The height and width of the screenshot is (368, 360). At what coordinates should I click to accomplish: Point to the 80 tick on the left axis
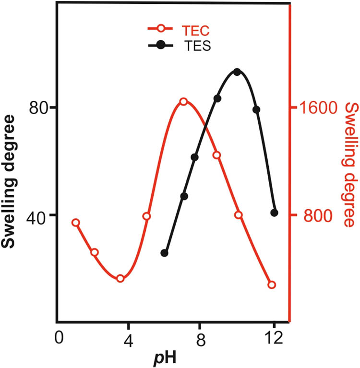tap(44, 107)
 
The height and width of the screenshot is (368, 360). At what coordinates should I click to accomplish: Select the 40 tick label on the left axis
tap(44, 215)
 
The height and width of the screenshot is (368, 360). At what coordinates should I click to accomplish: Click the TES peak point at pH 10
tap(237, 71)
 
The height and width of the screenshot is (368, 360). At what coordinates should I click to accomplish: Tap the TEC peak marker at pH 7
tap(183, 102)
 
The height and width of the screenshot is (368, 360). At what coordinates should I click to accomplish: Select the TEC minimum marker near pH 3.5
tap(120, 278)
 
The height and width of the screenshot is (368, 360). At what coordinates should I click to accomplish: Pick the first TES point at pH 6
tap(165, 253)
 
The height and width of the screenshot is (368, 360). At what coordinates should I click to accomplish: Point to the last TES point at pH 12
tap(274, 213)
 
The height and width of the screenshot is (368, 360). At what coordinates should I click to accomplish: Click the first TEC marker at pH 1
tap(76, 223)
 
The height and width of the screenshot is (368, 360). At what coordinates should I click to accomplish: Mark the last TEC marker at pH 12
tap(272, 285)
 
